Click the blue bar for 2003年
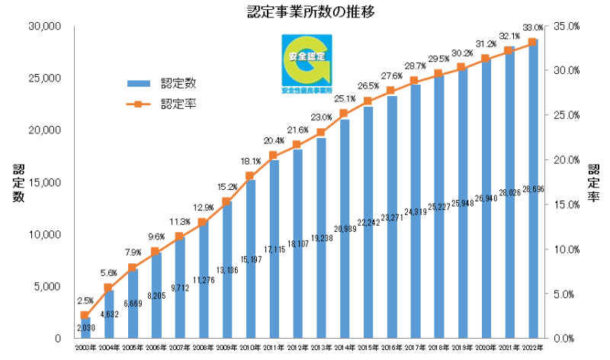(x=85, y=328)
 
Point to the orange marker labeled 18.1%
(x=250, y=176)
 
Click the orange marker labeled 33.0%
(x=532, y=43)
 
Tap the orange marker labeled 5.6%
(x=109, y=288)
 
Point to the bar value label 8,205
(x=156, y=293)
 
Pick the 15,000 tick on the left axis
(x=45, y=182)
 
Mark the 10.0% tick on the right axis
(x=566, y=249)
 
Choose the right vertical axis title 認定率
(x=593, y=182)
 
